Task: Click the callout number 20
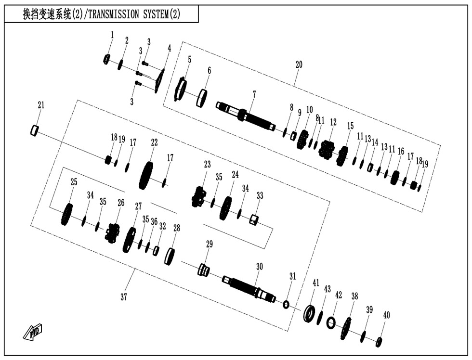(299, 64)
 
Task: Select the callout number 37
(123, 297)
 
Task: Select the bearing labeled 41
(309, 313)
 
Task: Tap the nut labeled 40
(379, 341)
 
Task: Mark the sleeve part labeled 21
(35, 129)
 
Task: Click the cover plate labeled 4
(159, 81)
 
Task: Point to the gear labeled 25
(67, 215)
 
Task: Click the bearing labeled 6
(202, 98)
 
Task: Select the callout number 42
(339, 295)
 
